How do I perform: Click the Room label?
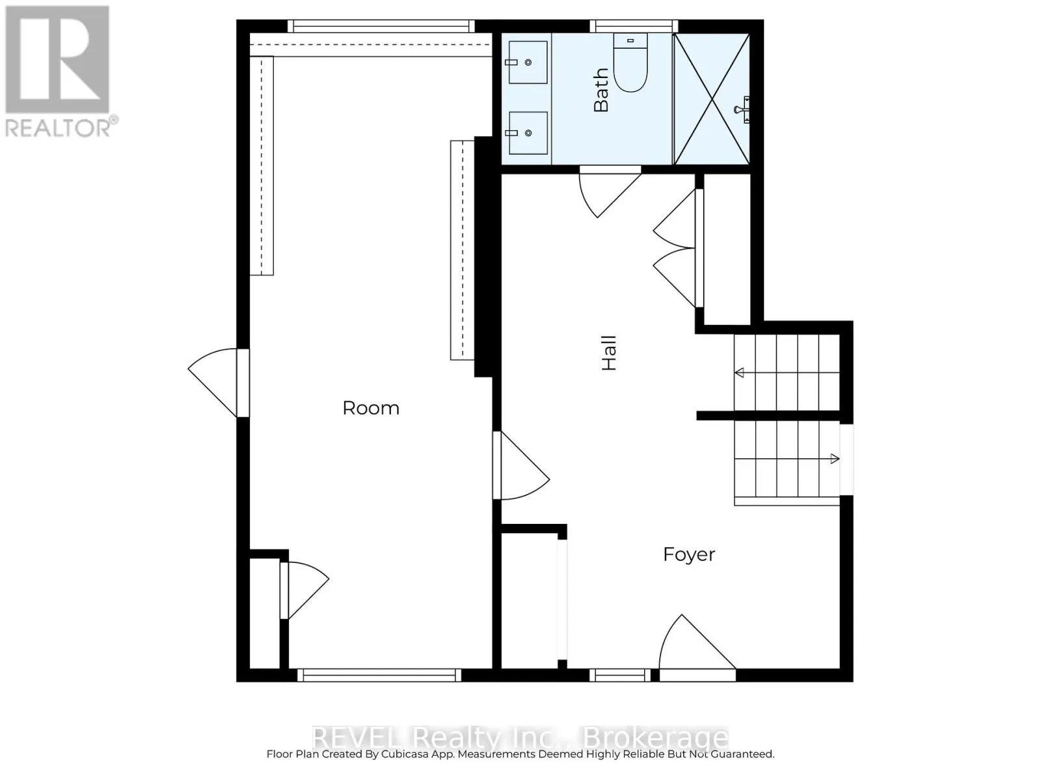[371, 408]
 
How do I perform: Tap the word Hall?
[608, 353]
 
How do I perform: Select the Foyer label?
[689, 555]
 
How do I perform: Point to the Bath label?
[601, 90]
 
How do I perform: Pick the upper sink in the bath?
[528, 62]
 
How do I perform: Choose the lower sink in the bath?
[528, 133]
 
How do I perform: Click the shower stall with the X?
[712, 99]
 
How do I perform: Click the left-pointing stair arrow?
[740, 373]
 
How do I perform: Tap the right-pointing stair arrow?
[834, 459]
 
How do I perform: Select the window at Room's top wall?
[381, 26]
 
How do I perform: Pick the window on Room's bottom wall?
[379, 675]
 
